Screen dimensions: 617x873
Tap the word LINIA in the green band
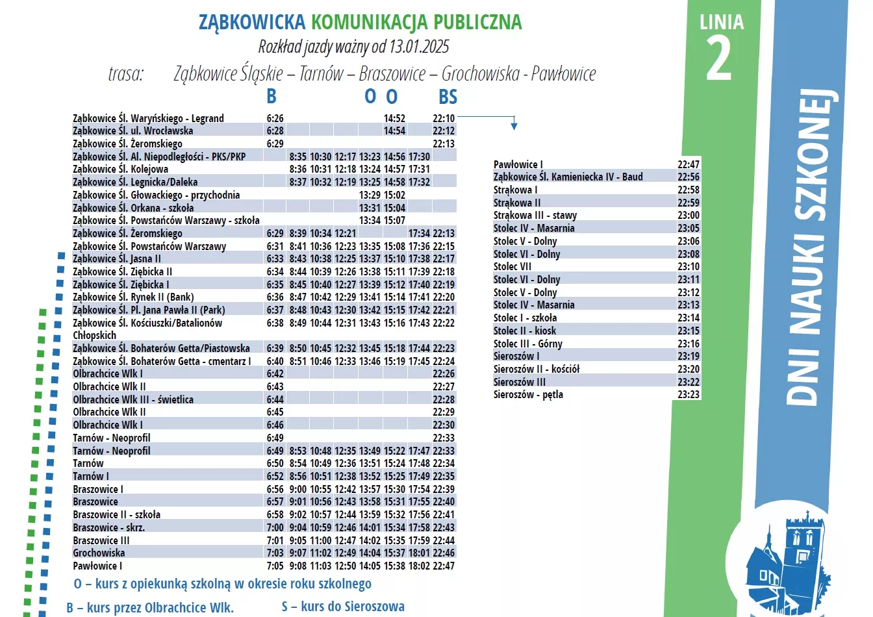coord(721,23)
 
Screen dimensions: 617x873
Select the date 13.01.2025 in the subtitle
coord(419,47)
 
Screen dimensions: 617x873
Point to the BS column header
coord(448,97)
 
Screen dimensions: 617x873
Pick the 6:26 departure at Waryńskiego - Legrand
coord(275,118)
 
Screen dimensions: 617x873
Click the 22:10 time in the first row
coord(444,118)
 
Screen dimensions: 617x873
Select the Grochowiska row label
coord(99,553)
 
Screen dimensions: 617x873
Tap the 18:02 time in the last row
coord(419,566)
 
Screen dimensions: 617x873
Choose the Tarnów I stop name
coord(91,476)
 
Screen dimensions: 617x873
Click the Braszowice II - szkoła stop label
coord(116,514)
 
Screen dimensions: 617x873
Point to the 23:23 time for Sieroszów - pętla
coord(689,394)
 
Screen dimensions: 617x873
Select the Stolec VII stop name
coord(512,266)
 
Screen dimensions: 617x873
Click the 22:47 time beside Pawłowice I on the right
coord(689,164)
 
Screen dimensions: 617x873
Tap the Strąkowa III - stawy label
coord(535,215)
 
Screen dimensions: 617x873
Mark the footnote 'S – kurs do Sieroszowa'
coord(343,607)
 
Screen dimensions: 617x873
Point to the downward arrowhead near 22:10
coord(514,126)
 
